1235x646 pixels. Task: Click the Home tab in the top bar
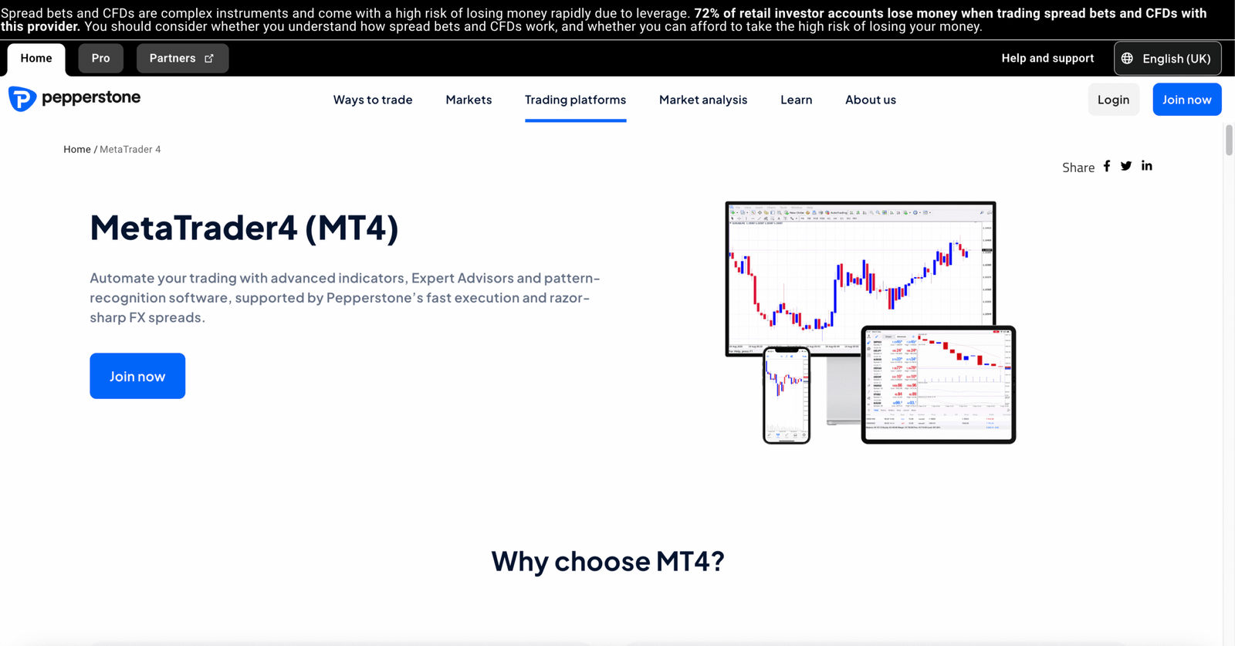click(x=36, y=59)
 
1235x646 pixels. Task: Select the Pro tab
click(x=100, y=59)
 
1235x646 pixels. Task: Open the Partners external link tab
click(x=182, y=59)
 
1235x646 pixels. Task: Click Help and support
click(x=1047, y=59)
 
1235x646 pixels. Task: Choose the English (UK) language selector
click(x=1167, y=59)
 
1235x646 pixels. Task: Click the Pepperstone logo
click(x=75, y=99)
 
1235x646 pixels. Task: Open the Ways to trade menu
click(x=373, y=100)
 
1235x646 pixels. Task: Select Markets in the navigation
click(x=469, y=100)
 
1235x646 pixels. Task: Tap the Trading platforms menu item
click(x=575, y=100)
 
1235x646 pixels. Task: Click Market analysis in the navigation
click(x=703, y=100)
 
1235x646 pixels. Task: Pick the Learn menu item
click(x=796, y=100)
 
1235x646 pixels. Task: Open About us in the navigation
click(x=870, y=100)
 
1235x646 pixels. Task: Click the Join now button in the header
click(x=1186, y=100)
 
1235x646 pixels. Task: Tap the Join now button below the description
click(x=137, y=376)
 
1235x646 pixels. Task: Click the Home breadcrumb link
click(x=77, y=150)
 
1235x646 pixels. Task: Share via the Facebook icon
click(x=1107, y=166)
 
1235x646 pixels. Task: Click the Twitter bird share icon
click(x=1126, y=166)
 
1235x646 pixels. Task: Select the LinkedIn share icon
click(x=1147, y=166)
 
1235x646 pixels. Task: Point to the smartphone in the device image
click(x=787, y=395)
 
